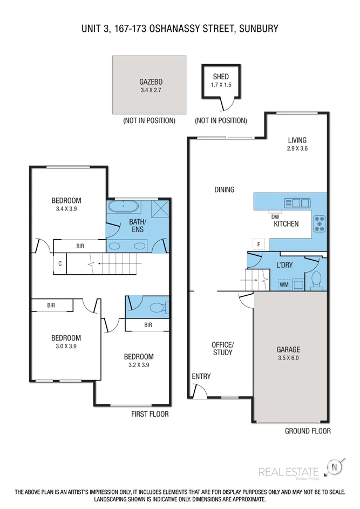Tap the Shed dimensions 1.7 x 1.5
coord(220,85)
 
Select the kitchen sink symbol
coord(297,203)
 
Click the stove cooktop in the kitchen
coord(319,223)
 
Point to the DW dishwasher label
coord(275,216)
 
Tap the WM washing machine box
coord(283,284)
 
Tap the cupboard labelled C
coord(60,264)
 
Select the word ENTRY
coord(201,376)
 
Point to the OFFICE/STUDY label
coord(222,348)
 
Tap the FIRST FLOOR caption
coord(150,414)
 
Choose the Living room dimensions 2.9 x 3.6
coord(297,148)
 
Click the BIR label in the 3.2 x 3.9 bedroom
coord(148,325)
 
